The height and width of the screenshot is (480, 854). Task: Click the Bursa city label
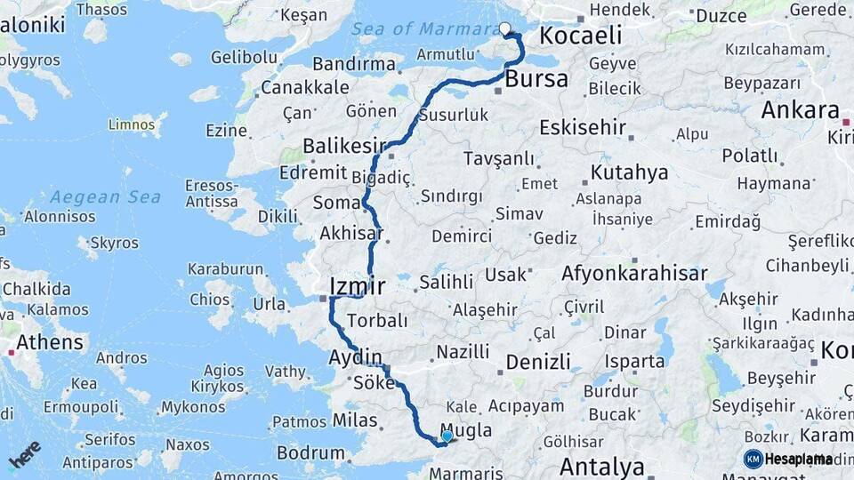point(536,78)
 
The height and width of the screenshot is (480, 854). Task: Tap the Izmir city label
point(357,285)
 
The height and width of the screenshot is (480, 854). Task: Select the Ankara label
point(800,110)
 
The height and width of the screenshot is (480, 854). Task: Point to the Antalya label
point(602,466)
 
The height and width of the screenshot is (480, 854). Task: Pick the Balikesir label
point(345,145)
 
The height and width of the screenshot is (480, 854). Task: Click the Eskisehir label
point(583,126)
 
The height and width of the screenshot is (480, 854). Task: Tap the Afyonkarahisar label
point(634,274)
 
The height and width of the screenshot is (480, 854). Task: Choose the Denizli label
point(538,362)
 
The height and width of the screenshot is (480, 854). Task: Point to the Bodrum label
point(310,452)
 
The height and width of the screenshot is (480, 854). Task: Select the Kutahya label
point(629,172)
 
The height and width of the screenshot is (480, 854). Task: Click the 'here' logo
point(24,454)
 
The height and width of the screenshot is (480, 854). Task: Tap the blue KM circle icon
point(753,459)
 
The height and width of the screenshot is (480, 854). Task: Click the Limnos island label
point(132,124)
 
